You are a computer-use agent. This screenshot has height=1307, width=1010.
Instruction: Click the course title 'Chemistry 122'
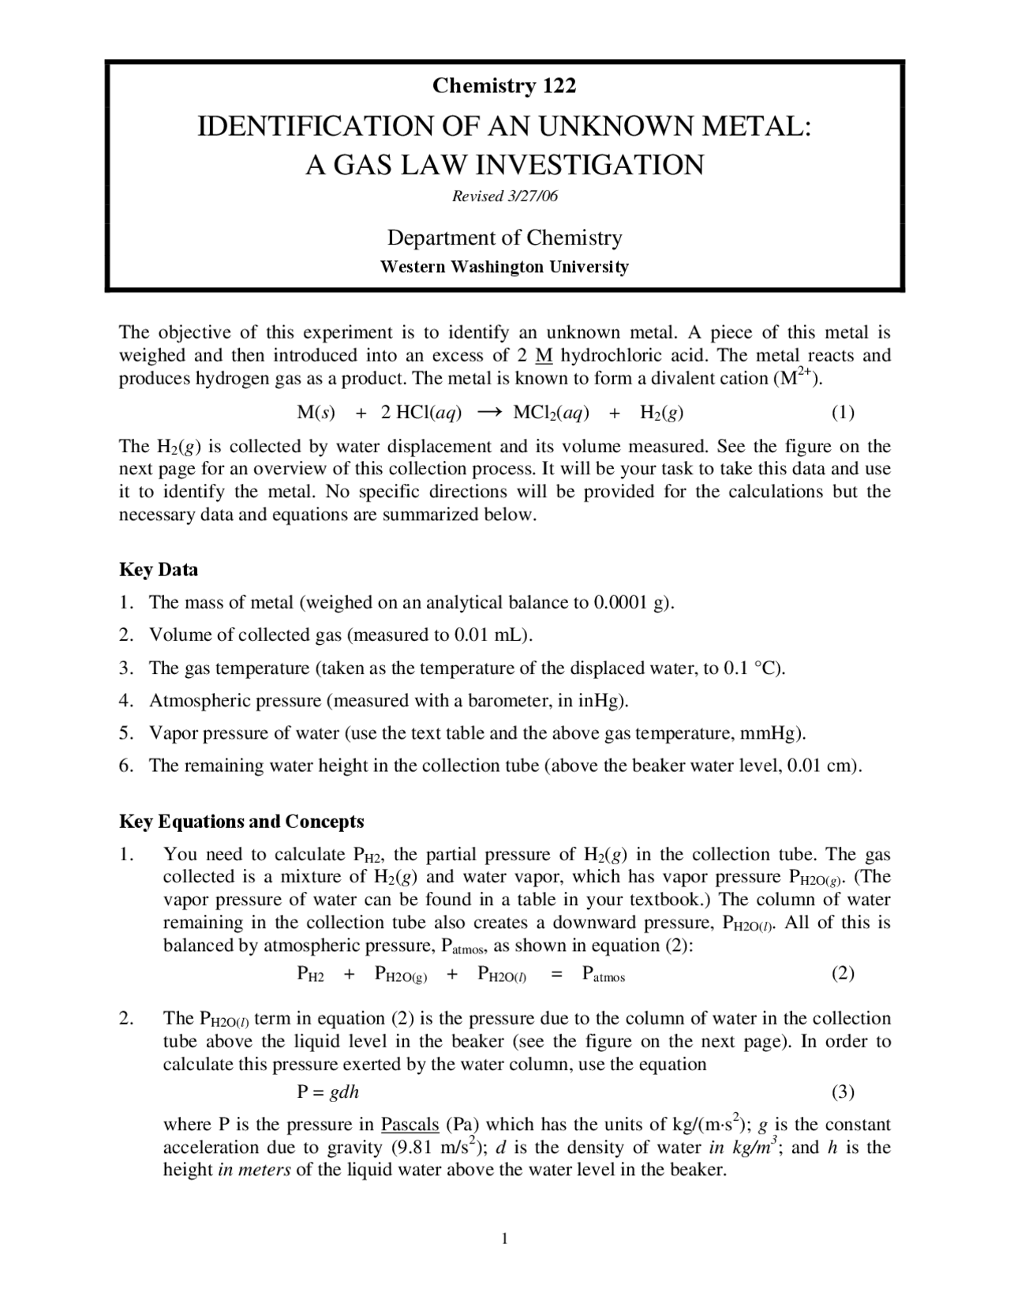[504, 85]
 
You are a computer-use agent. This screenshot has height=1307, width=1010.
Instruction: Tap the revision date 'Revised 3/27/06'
[504, 196]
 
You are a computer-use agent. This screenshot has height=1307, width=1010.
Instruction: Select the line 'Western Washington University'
[504, 267]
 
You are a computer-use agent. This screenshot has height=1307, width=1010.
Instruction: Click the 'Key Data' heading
[159, 570]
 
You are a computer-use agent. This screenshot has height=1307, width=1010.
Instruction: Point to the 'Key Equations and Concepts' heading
[241, 822]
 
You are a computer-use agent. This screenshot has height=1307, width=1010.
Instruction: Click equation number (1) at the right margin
[843, 412]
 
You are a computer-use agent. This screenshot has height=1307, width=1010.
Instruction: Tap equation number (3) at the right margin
[843, 1092]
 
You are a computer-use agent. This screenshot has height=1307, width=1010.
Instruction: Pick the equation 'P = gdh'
[328, 1092]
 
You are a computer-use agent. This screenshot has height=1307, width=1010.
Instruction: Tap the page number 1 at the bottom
[505, 1238]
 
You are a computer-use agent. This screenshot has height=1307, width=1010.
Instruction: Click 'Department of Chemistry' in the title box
[504, 238]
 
